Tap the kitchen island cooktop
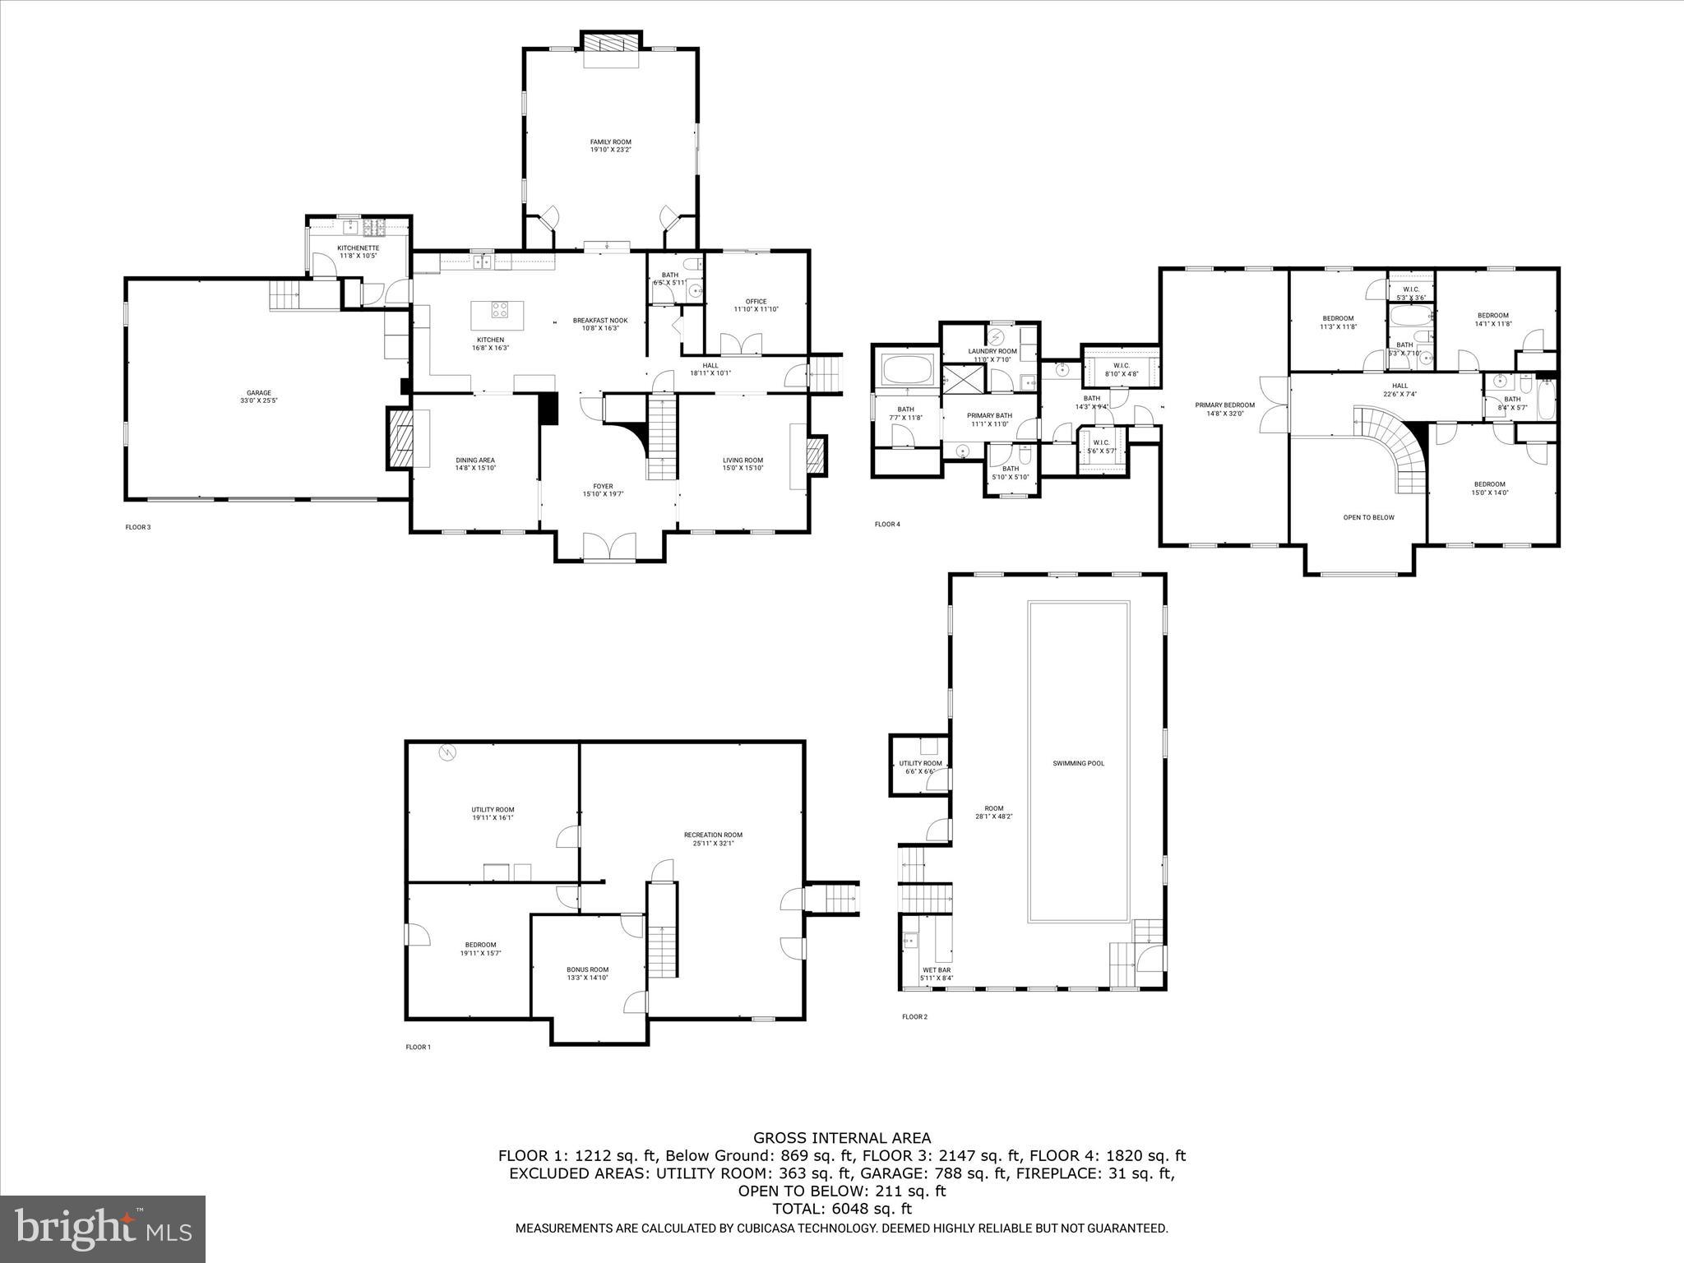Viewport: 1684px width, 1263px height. point(500,310)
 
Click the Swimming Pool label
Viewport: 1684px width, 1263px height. point(1078,763)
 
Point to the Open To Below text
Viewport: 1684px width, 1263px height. point(1367,517)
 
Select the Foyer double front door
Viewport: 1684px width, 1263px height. point(609,546)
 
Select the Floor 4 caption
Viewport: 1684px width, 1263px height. point(886,524)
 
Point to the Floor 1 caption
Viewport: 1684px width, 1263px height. point(417,1047)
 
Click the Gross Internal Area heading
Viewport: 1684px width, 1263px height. point(841,1138)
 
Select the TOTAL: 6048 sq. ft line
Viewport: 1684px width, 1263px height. point(841,1209)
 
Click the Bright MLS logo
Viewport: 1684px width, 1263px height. point(103,1228)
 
